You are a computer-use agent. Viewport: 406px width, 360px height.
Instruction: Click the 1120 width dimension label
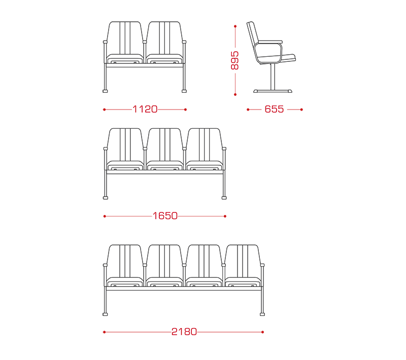tap(145, 109)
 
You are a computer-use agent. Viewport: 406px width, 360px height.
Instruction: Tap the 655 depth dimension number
tap(274, 109)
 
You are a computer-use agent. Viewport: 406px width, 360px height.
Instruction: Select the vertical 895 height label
tap(234, 60)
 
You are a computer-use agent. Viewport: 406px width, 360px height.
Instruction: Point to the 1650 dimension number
tap(165, 215)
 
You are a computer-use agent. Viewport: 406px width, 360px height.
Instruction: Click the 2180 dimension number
tap(184, 332)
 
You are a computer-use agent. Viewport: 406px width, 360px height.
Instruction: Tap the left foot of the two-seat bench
tap(105, 91)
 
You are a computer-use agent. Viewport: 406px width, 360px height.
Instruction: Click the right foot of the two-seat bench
tap(184, 91)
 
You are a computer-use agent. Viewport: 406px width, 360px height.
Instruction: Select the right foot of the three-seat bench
tap(224, 198)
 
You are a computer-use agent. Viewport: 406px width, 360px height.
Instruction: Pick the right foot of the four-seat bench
tap(262, 314)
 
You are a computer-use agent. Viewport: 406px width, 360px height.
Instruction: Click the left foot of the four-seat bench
tap(105, 314)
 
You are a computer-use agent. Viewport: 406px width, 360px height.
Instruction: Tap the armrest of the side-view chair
tap(270, 42)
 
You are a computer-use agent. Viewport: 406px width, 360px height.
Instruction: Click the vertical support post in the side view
tap(273, 77)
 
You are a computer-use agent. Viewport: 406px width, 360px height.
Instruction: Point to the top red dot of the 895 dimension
tap(235, 26)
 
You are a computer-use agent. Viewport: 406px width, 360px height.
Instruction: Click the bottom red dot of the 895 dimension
tap(235, 95)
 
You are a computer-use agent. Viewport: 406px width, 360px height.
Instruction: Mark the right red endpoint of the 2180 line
tap(262, 332)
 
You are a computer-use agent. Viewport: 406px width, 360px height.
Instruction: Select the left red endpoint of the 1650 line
tap(105, 216)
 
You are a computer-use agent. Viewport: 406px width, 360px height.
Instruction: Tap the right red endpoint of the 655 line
tap(301, 110)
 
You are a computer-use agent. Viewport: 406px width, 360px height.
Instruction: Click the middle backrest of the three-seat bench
tap(164, 145)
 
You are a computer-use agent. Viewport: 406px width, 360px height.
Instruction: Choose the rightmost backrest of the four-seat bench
tap(243, 261)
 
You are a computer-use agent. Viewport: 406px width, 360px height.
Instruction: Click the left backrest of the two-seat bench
tap(125, 38)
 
